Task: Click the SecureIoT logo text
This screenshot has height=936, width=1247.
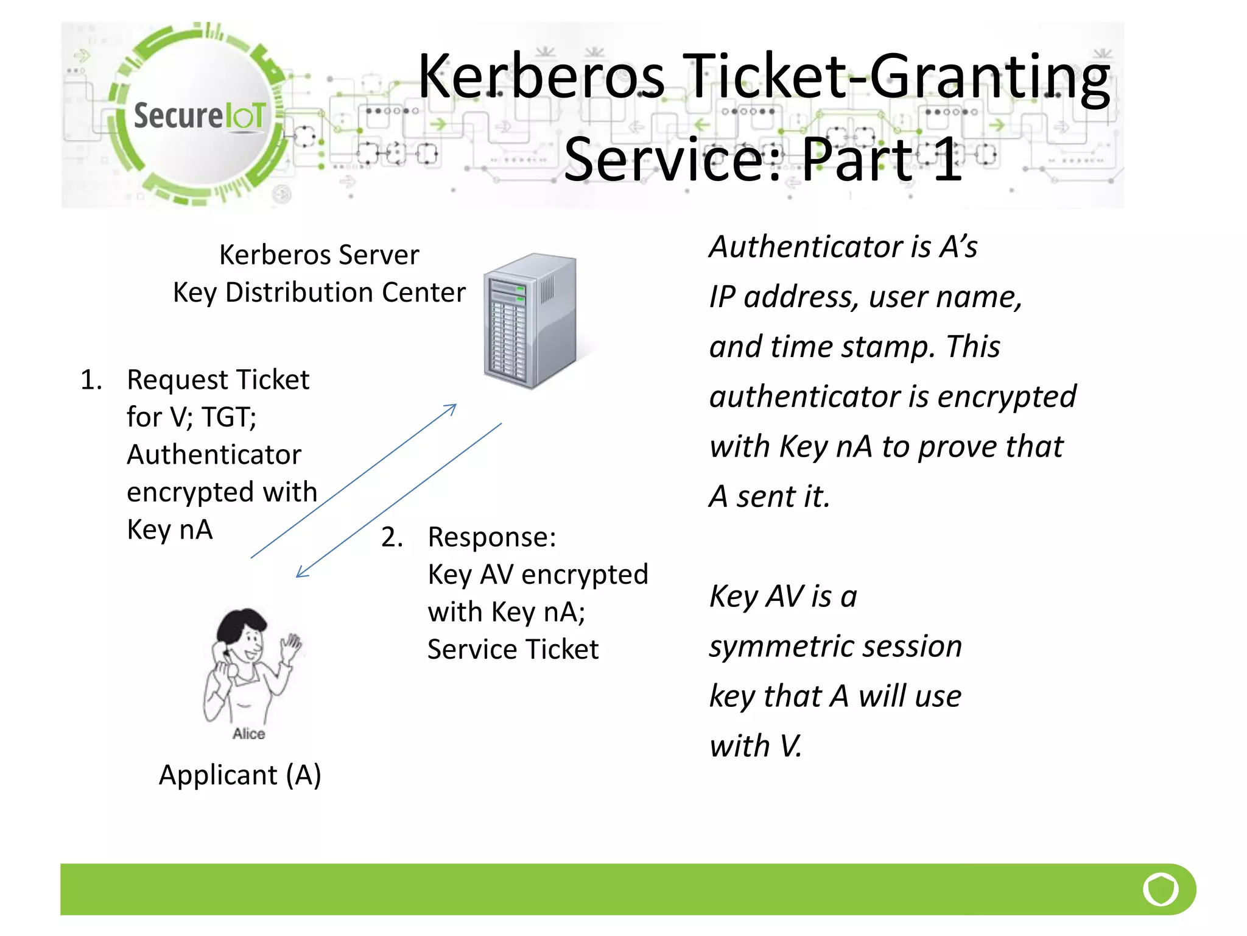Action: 199,116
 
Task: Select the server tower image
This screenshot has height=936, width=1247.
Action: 529,321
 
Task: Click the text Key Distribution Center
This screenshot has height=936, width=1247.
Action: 319,292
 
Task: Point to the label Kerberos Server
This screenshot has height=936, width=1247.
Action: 319,255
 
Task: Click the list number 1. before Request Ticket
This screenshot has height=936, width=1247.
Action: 91,380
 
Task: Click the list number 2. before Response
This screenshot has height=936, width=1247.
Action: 392,537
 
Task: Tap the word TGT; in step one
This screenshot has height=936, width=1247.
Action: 229,417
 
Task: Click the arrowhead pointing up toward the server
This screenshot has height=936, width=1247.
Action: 452,407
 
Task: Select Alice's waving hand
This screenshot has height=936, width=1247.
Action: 292,647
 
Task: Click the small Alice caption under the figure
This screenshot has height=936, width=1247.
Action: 248,734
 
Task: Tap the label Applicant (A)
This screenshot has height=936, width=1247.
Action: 240,775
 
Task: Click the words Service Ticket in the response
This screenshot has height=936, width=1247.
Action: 513,650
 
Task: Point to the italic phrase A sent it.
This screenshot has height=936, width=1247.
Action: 770,497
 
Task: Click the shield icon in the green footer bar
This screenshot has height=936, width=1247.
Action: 1160,890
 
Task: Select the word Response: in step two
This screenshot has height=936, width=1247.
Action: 492,537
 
